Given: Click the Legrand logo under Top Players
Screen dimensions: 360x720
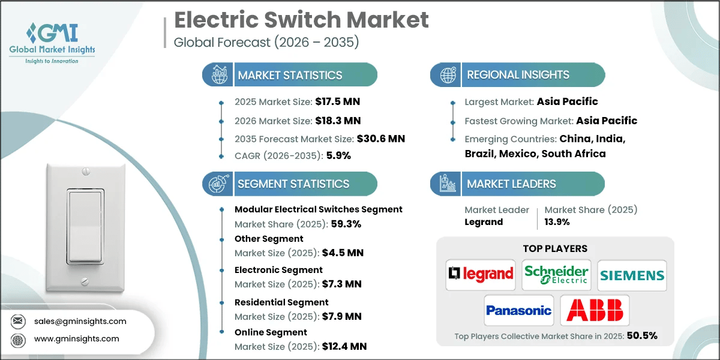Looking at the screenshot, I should tap(481, 275).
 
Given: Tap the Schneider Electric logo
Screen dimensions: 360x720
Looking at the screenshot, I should tap(556, 275).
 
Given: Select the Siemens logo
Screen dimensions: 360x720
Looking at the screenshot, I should tap(632, 275).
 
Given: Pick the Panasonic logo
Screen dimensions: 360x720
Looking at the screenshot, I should tap(518, 310).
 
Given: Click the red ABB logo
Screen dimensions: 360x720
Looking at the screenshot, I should tap(595, 310).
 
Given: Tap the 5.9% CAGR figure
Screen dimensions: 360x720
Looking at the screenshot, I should tap(338, 155).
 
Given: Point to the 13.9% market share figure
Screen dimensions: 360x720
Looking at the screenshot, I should tap(557, 222).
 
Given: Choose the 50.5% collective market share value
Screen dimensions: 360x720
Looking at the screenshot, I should tap(642, 335).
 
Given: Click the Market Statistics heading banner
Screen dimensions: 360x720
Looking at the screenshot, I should tap(290, 75).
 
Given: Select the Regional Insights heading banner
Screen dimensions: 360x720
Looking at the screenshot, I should tap(518, 75).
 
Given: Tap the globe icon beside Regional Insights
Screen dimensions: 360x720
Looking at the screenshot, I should tap(448, 75).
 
